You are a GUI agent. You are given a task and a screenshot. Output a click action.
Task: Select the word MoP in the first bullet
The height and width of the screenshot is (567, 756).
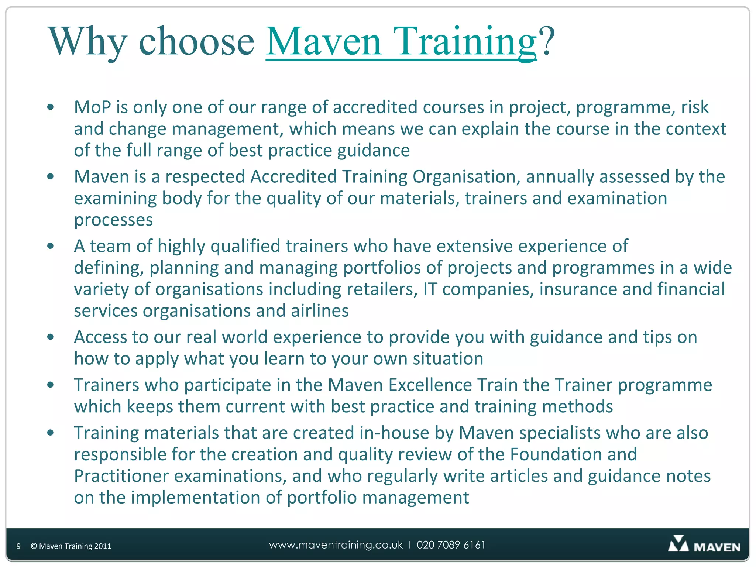tap(92, 107)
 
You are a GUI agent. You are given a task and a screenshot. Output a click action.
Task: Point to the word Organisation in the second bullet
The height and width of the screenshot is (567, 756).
tap(464, 176)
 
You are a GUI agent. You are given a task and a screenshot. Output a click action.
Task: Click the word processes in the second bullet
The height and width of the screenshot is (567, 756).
tap(113, 220)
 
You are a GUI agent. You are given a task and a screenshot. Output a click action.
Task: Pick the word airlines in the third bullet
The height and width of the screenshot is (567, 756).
tap(320, 311)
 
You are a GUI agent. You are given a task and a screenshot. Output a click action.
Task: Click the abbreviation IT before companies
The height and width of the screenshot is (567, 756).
tap(430, 289)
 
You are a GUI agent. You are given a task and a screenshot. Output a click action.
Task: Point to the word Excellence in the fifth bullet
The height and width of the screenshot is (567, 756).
tap(430, 385)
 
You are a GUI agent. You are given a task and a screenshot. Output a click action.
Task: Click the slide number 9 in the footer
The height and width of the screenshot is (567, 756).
tap(18, 546)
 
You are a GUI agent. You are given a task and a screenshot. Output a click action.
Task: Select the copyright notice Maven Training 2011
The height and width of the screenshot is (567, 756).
tap(71, 546)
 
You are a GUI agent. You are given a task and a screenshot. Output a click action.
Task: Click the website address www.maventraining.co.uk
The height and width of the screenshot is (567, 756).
tap(336, 545)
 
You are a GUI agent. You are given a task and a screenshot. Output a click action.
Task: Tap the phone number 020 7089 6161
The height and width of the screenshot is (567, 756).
tap(451, 545)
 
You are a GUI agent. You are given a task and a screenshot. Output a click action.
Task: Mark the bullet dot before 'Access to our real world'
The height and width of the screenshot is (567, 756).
tap(51, 337)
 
